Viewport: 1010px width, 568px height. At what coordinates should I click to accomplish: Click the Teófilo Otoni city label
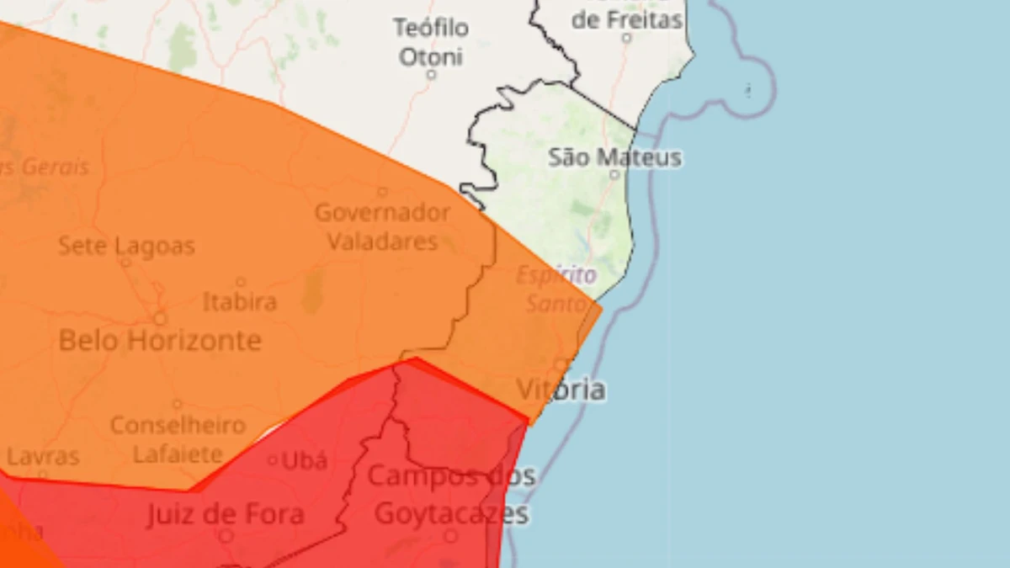(431, 42)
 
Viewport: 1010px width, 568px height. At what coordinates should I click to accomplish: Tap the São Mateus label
(614, 157)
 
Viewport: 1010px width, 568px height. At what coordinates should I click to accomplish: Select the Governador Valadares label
(382, 226)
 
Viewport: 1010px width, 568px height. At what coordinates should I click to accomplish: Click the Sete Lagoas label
(126, 247)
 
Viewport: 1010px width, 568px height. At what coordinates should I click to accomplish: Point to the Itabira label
(240, 301)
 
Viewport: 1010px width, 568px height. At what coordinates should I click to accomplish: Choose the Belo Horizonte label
(160, 341)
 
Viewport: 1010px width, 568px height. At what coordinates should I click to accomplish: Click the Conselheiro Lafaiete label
(178, 439)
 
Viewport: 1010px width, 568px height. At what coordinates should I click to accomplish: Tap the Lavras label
(43, 457)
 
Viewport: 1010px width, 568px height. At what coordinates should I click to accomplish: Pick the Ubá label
(304, 460)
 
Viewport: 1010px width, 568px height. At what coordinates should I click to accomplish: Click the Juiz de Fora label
(226, 514)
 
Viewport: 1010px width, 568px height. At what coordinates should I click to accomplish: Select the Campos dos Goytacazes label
(451, 494)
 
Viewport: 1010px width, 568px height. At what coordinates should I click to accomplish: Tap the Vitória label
(561, 390)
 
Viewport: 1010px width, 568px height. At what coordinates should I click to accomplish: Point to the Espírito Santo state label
(556, 288)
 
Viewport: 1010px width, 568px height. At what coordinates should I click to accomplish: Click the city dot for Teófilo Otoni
(431, 74)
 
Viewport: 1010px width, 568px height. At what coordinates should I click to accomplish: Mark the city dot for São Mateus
(614, 174)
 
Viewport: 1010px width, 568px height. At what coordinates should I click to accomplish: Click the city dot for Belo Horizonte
(160, 319)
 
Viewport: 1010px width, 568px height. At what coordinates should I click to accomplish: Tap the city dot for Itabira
(240, 283)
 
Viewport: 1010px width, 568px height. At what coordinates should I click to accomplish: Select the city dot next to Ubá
(272, 460)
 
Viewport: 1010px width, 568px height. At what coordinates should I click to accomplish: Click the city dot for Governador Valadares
(382, 192)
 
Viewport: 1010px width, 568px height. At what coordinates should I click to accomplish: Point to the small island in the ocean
(747, 88)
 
